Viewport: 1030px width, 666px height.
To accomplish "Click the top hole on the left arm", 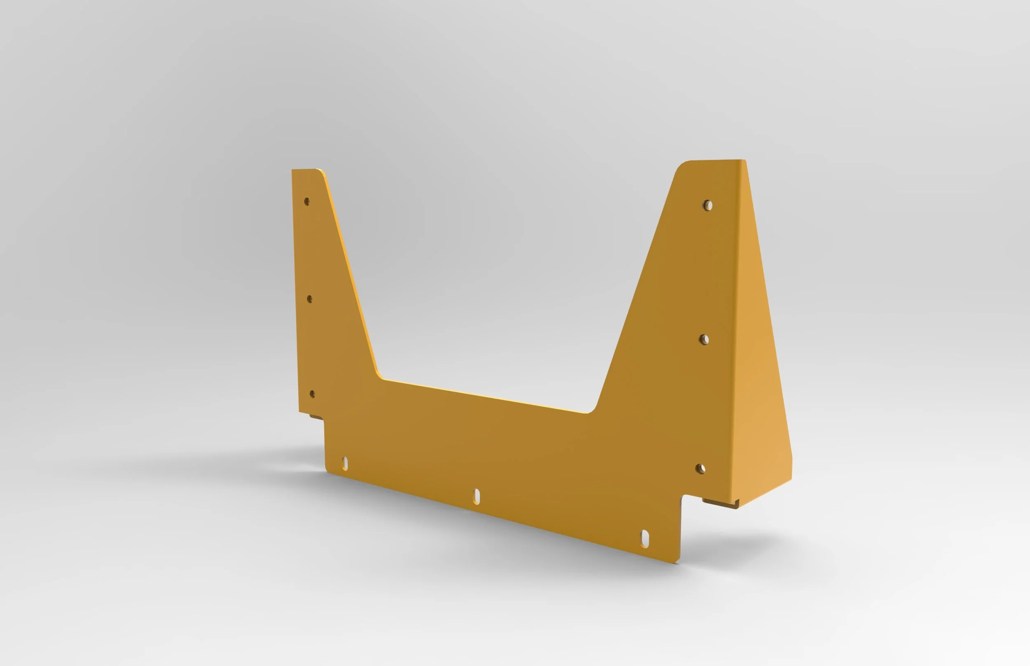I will coord(307,201).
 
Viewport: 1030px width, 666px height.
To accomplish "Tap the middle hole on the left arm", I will coord(309,299).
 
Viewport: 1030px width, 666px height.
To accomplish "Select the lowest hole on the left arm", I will coord(312,394).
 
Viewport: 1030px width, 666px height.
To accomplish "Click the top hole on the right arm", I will coord(708,205).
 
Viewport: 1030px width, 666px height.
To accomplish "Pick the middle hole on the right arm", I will coord(704,339).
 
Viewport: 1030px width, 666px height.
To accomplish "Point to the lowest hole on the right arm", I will coord(701,469).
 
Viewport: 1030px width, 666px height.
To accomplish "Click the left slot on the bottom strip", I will coord(345,463).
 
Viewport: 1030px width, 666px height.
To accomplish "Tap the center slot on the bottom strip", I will coord(477,496).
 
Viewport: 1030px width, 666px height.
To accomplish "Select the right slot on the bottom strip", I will coord(645,539).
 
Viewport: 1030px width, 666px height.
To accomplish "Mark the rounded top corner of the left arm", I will coord(321,171).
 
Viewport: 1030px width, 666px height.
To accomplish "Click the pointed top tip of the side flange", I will coord(744,161).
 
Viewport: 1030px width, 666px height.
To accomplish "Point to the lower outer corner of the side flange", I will coord(791,478).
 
